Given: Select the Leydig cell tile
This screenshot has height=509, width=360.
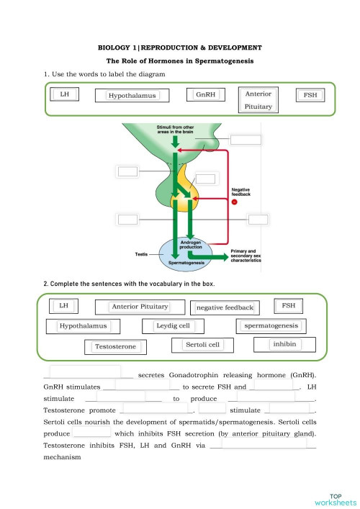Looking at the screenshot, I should tap(174, 326).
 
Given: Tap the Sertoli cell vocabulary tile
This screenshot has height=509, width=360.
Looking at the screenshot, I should tap(202, 345).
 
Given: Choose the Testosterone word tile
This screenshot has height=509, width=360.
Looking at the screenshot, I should tap(115, 347).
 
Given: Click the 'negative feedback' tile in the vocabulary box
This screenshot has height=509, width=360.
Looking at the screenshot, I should tap(225, 307).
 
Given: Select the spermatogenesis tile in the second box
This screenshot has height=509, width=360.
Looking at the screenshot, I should tap(271, 326).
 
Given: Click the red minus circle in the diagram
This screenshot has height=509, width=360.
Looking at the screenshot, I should tap(233, 202).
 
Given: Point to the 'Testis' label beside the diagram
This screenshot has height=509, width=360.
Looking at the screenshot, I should tap(142, 254).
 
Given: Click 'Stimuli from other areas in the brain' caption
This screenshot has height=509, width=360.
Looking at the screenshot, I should tap(175, 130).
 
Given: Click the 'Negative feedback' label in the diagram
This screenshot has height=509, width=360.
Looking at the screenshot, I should tap(240, 192).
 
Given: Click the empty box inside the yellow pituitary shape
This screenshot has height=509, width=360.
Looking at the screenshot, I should tap(205, 179).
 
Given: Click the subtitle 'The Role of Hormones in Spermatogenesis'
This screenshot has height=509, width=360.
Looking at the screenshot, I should tap(179, 61).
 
